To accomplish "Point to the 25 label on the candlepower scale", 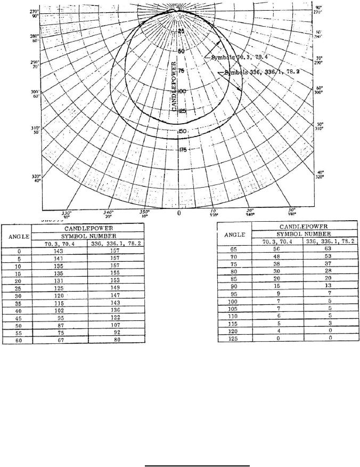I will pos(182,31).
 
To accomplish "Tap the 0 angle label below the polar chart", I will pos(179,213).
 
